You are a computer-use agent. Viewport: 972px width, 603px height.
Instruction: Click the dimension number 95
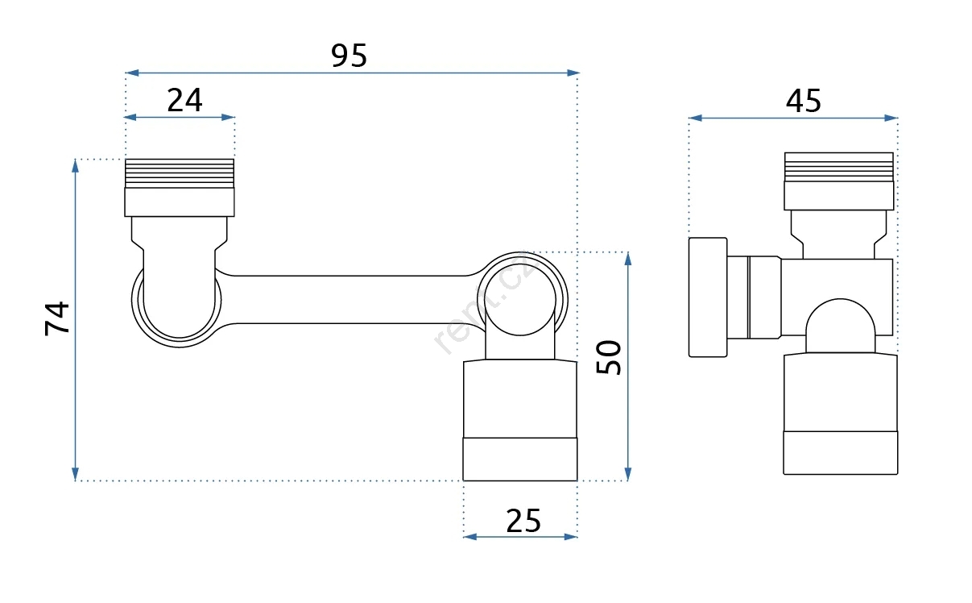click(x=349, y=55)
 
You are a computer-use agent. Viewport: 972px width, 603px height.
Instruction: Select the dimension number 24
click(x=184, y=100)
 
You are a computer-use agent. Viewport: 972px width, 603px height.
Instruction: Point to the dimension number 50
click(x=608, y=357)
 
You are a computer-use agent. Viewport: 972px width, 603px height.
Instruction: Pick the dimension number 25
click(x=523, y=521)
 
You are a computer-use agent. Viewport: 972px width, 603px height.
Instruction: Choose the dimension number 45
click(x=803, y=101)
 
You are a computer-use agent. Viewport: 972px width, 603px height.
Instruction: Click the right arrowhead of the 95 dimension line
click(x=573, y=73)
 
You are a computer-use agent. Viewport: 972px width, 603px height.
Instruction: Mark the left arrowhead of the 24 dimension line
click(x=130, y=118)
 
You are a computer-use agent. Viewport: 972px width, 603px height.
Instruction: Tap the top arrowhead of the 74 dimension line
click(x=76, y=166)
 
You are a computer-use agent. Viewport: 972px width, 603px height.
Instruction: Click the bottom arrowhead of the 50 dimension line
click(x=628, y=473)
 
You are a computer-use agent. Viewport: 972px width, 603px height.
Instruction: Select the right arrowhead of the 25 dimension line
click(x=571, y=537)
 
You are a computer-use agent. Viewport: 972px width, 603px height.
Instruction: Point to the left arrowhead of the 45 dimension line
click(x=696, y=118)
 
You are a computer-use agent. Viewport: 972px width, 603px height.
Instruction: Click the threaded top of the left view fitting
click(x=180, y=173)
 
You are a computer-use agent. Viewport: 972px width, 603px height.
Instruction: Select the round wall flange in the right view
click(x=708, y=297)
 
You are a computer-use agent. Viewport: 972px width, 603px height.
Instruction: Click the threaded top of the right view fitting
click(x=839, y=167)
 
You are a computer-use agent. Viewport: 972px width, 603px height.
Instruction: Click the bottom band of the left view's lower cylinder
click(x=520, y=460)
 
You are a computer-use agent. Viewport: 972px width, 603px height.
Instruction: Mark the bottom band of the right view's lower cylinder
click(x=841, y=453)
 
